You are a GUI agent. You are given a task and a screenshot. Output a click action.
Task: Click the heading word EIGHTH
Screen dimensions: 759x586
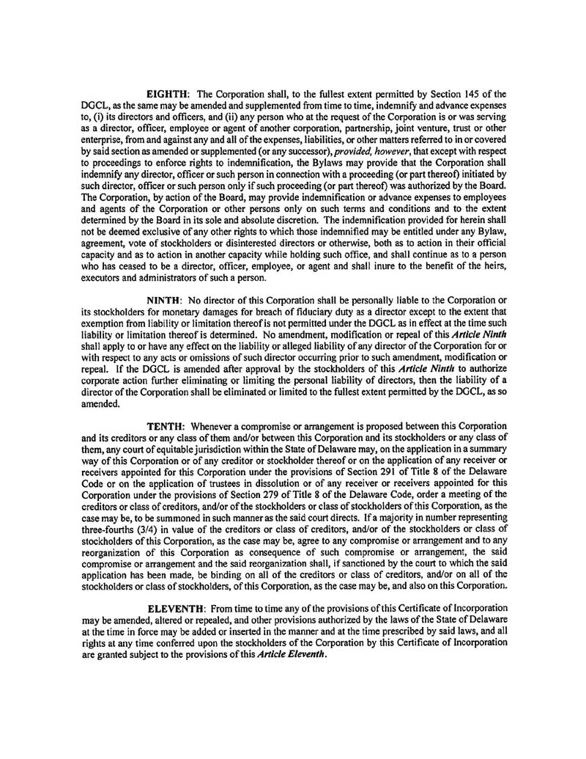point(168,95)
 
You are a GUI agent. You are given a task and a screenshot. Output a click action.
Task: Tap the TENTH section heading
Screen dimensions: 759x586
point(168,425)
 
